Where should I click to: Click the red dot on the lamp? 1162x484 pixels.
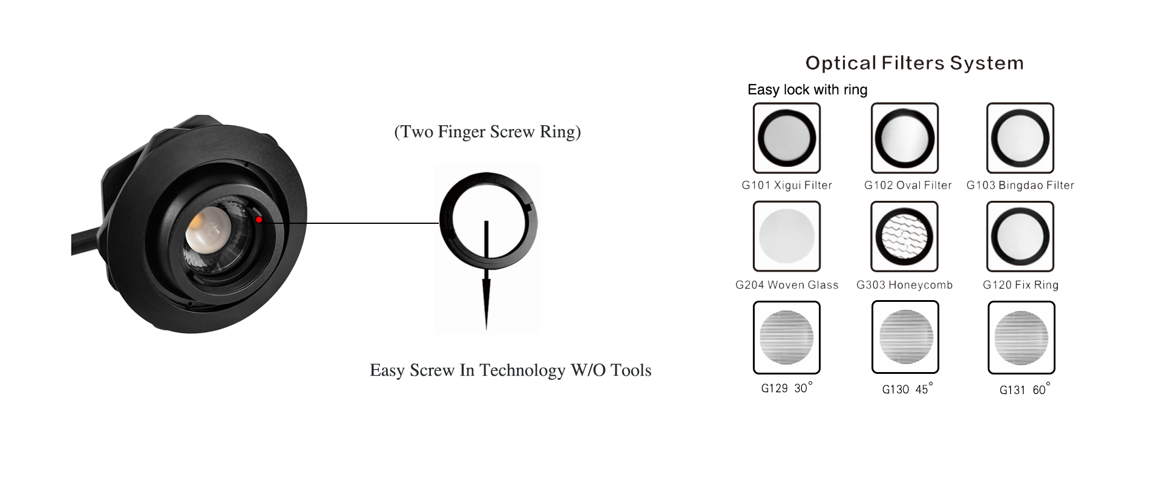click(x=259, y=220)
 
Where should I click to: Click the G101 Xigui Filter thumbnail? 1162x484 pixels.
click(x=787, y=138)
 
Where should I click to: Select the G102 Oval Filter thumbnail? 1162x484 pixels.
click(x=905, y=138)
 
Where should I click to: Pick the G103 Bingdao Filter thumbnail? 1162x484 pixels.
click(x=1020, y=138)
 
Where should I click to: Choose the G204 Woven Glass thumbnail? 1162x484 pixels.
click(x=787, y=237)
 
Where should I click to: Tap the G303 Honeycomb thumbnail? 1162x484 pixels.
click(x=905, y=237)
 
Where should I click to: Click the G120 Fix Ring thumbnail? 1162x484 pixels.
click(x=1020, y=237)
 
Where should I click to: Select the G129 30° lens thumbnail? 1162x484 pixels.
click(x=787, y=338)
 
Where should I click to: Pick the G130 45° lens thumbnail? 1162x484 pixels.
click(x=905, y=338)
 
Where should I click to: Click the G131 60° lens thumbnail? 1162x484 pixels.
click(x=1022, y=338)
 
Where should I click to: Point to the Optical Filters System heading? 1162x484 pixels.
click(x=914, y=63)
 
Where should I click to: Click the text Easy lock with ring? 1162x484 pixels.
click(x=807, y=90)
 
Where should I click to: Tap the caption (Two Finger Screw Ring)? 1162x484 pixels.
click(x=487, y=132)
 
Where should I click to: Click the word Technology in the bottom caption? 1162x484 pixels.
click(x=522, y=370)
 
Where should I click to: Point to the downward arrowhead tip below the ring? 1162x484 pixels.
click(x=486, y=329)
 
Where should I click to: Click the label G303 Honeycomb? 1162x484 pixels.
click(x=905, y=285)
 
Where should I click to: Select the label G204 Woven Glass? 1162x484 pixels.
click(x=787, y=285)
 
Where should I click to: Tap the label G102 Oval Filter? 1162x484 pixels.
click(x=908, y=185)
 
